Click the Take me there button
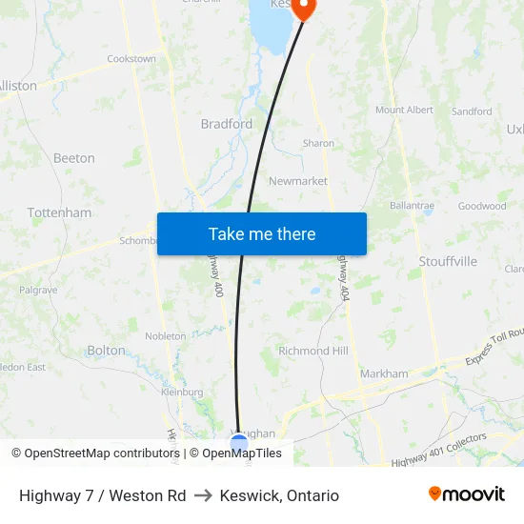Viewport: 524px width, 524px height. (262, 233)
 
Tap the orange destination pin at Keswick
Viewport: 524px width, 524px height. (303, 9)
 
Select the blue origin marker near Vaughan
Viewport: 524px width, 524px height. (239, 443)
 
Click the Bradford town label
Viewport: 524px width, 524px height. (227, 124)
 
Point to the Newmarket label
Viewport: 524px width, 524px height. (298, 181)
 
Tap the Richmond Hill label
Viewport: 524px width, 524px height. (313, 351)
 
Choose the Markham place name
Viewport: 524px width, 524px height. (384, 374)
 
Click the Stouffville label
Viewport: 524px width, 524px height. (448, 261)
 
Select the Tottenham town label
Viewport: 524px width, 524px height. (59, 212)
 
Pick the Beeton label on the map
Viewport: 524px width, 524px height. (74, 158)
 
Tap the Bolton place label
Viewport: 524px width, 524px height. (106, 351)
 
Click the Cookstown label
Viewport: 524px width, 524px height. (131, 59)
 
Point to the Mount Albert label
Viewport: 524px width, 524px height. (404, 111)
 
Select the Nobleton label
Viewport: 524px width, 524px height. (166, 336)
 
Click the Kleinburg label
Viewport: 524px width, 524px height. (182, 392)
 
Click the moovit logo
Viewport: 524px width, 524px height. (466, 494)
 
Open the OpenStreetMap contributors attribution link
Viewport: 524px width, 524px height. (101, 453)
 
